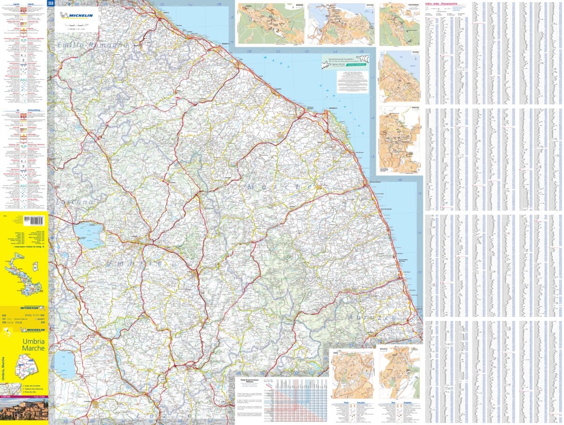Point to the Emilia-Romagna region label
[92, 45]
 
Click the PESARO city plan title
[416, 52]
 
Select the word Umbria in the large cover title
[34, 341]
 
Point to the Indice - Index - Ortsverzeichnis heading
[441, 3]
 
